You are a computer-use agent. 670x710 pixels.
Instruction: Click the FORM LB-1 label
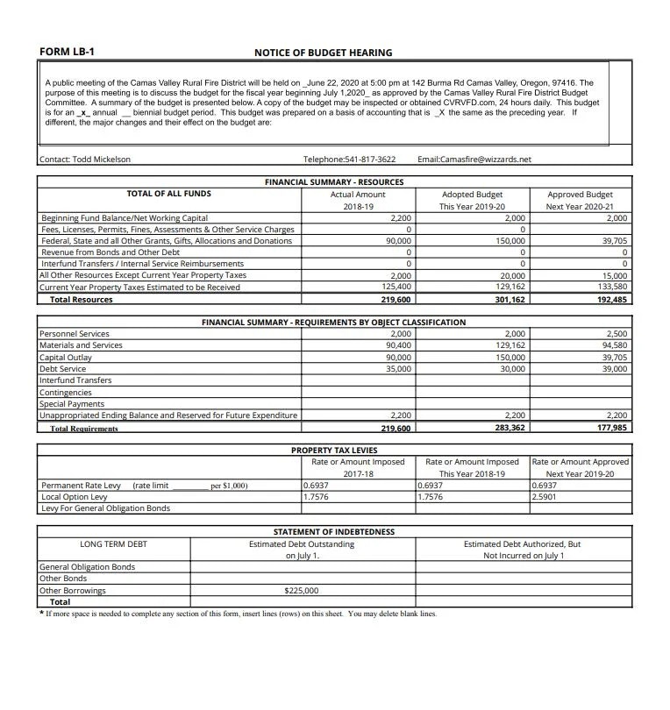pos(67,52)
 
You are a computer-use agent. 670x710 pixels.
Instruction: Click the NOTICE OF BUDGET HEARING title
pos(323,53)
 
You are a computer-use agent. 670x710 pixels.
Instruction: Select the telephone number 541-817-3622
pos(349,160)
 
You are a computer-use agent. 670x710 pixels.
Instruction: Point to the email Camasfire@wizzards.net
pos(474,160)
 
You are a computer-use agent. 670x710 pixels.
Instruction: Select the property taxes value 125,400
pos(394,287)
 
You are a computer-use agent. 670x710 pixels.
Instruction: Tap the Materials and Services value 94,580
pos(611,345)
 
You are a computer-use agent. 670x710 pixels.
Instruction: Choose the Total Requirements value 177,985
pos(610,428)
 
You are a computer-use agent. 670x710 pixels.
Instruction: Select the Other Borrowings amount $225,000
pos(302,591)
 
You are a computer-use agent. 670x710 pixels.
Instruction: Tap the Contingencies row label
pos(66,393)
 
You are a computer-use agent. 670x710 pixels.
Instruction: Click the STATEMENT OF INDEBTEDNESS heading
pos(334,532)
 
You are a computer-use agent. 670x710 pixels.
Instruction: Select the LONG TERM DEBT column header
pos(114,544)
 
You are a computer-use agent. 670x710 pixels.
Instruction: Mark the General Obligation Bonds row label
pos(87,567)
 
